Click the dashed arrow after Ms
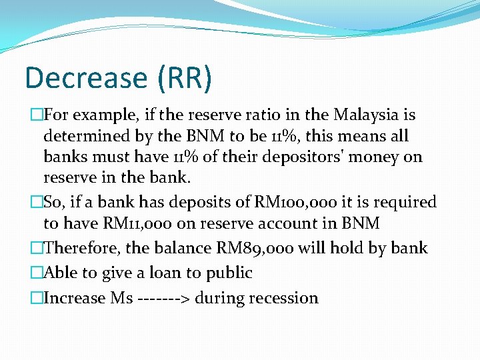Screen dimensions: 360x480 [x=163, y=298]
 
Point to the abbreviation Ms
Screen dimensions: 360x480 [x=121, y=298]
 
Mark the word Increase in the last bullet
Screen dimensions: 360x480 [x=73, y=298]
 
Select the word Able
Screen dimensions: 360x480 [x=58, y=273]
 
